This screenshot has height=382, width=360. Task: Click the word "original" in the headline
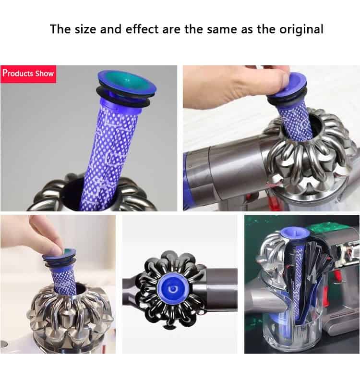[301, 29]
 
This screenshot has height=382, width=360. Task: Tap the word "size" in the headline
[85, 29]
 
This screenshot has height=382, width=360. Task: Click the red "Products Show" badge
[28, 74]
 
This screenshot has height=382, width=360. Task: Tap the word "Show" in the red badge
[45, 74]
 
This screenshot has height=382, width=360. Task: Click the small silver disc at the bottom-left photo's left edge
[3, 344]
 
